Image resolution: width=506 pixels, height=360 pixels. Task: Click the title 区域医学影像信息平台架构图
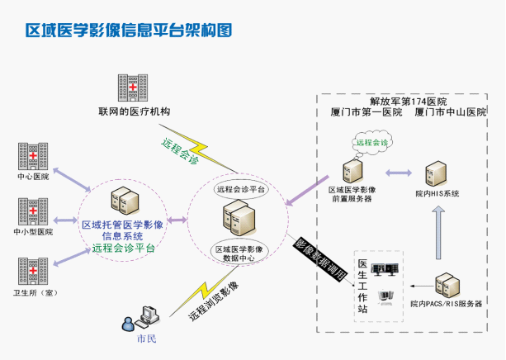pyautogui.click(x=130, y=31)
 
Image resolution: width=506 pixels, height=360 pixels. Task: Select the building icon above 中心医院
pyautogui.click(x=33, y=157)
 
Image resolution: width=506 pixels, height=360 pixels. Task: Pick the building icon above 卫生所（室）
pyautogui.click(x=33, y=271)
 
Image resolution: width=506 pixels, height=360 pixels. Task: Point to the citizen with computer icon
pyautogui.click(x=141, y=318)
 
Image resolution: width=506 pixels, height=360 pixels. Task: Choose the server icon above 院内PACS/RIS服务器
pyautogui.click(x=447, y=286)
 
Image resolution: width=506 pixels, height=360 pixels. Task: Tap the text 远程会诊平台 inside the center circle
pyautogui.click(x=241, y=189)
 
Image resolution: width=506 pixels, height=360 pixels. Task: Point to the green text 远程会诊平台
pyautogui.click(x=125, y=247)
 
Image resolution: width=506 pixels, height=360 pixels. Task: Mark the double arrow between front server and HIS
pyautogui.click(x=398, y=173)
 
